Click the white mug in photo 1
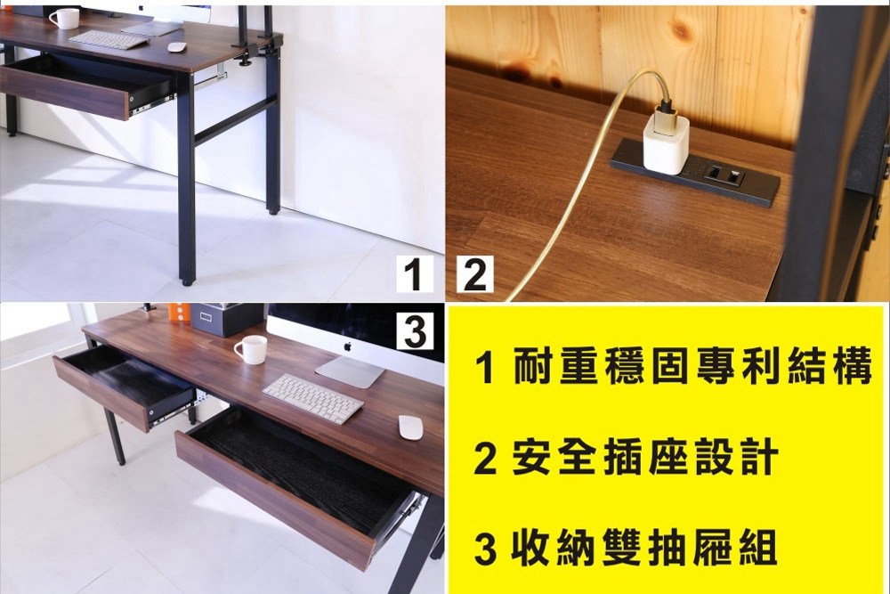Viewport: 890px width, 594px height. click(x=64, y=19)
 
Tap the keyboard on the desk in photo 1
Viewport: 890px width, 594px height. click(x=109, y=40)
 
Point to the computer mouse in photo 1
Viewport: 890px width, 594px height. click(x=178, y=47)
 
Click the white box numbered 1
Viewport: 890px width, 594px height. click(x=414, y=274)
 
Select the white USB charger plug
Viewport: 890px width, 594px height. click(x=666, y=142)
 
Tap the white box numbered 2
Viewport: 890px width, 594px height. click(x=474, y=274)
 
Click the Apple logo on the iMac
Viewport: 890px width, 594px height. click(x=348, y=346)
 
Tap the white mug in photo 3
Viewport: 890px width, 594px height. click(x=252, y=349)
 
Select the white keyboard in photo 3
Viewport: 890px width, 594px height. click(x=312, y=398)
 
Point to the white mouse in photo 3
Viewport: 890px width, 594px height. click(x=410, y=427)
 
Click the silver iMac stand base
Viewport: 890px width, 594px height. click(x=350, y=371)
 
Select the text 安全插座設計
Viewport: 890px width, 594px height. click(x=644, y=459)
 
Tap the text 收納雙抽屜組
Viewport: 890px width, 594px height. click(x=644, y=548)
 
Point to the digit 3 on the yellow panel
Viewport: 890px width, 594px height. click(x=485, y=549)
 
